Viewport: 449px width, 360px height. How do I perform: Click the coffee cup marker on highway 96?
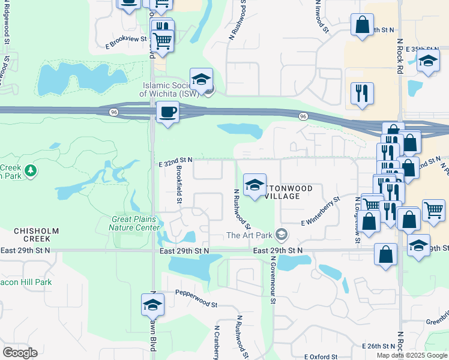click(x=167, y=112)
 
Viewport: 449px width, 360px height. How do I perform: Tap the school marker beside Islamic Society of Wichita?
click(x=202, y=79)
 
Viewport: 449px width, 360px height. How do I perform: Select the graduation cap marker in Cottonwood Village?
click(x=255, y=185)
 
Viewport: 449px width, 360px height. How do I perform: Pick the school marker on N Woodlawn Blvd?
click(x=152, y=305)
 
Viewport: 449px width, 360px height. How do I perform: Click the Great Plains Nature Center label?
click(x=134, y=223)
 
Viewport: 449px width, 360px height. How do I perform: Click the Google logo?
click(x=19, y=352)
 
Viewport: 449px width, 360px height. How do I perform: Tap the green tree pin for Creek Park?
click(x=30, y=172)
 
